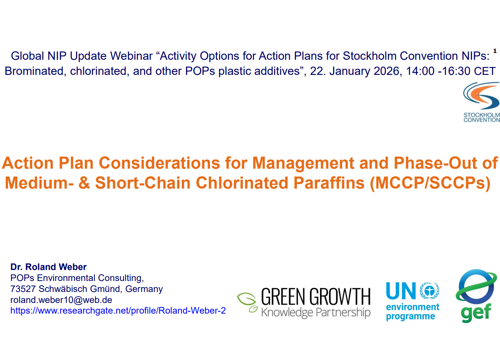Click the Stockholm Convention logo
481,102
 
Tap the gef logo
476,296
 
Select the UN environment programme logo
413,301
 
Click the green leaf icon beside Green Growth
247,302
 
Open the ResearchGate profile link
118,311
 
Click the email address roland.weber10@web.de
61,300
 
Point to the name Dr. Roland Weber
48,267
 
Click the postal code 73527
23,289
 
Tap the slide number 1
495,51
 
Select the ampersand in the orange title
84,183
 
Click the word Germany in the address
144,289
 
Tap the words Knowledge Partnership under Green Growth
316,312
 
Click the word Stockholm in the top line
370,56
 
